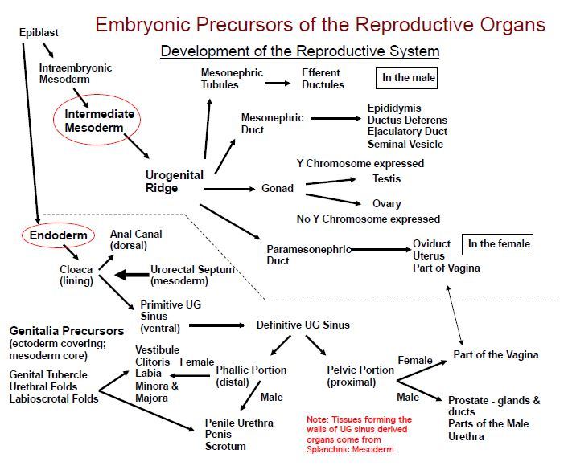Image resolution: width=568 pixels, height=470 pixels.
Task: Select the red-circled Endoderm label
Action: click(x=52, y=236)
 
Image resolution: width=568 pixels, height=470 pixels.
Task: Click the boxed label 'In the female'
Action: click(x=500, y=244)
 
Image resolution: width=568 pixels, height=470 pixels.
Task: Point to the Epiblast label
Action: click(x=38, y=32)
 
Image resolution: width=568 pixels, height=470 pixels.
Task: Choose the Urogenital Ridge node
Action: click(x=174, y=182)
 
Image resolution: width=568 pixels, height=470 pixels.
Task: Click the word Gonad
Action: click(x=278, y=189)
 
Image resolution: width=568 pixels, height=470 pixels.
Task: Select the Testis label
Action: click(x=386, y=178)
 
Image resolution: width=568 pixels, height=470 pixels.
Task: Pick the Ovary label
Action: click(x=386, y=204)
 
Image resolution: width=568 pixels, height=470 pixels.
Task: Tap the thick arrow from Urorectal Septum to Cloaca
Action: click(x=131, y=275)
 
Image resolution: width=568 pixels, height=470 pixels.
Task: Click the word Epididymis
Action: click(x=394, y=108)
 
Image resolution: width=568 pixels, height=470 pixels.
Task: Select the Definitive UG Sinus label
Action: click(x=303, y=325)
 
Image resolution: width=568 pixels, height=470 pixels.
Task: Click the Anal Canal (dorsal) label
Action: click(x=135, y=239)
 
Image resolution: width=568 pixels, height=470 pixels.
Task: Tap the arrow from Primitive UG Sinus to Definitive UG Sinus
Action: click(x=216, y=325)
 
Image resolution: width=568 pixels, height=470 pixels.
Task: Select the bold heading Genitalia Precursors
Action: click(x=66, y=331)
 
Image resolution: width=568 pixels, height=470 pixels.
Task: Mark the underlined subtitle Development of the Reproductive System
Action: click(x=299, y=51)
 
